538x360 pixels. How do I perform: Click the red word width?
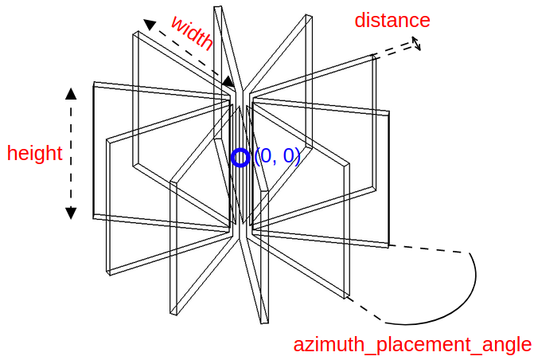[x=193, y=33]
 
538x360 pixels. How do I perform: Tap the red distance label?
[x=392, y=21]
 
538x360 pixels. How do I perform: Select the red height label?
[x=34, y=154]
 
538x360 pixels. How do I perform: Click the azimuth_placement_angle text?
[x=412, y=345]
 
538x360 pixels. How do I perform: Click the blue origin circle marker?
[x=240, y=157]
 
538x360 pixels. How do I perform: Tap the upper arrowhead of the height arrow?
[x=71, y=94]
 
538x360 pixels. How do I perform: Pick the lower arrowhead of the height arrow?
[x=71, y=213]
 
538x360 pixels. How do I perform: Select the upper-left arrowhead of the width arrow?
[x=149, y=25]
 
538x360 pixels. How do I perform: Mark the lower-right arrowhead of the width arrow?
[x=229, y=81]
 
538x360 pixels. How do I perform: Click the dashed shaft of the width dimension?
[x=189, y=53]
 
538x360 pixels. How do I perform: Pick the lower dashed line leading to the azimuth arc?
[x=365, y=310]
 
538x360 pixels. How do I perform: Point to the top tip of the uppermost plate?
[x=217, y=7]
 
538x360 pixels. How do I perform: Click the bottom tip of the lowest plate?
[x=264, y=322]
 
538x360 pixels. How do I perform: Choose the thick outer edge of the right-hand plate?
[x=389, y=179]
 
